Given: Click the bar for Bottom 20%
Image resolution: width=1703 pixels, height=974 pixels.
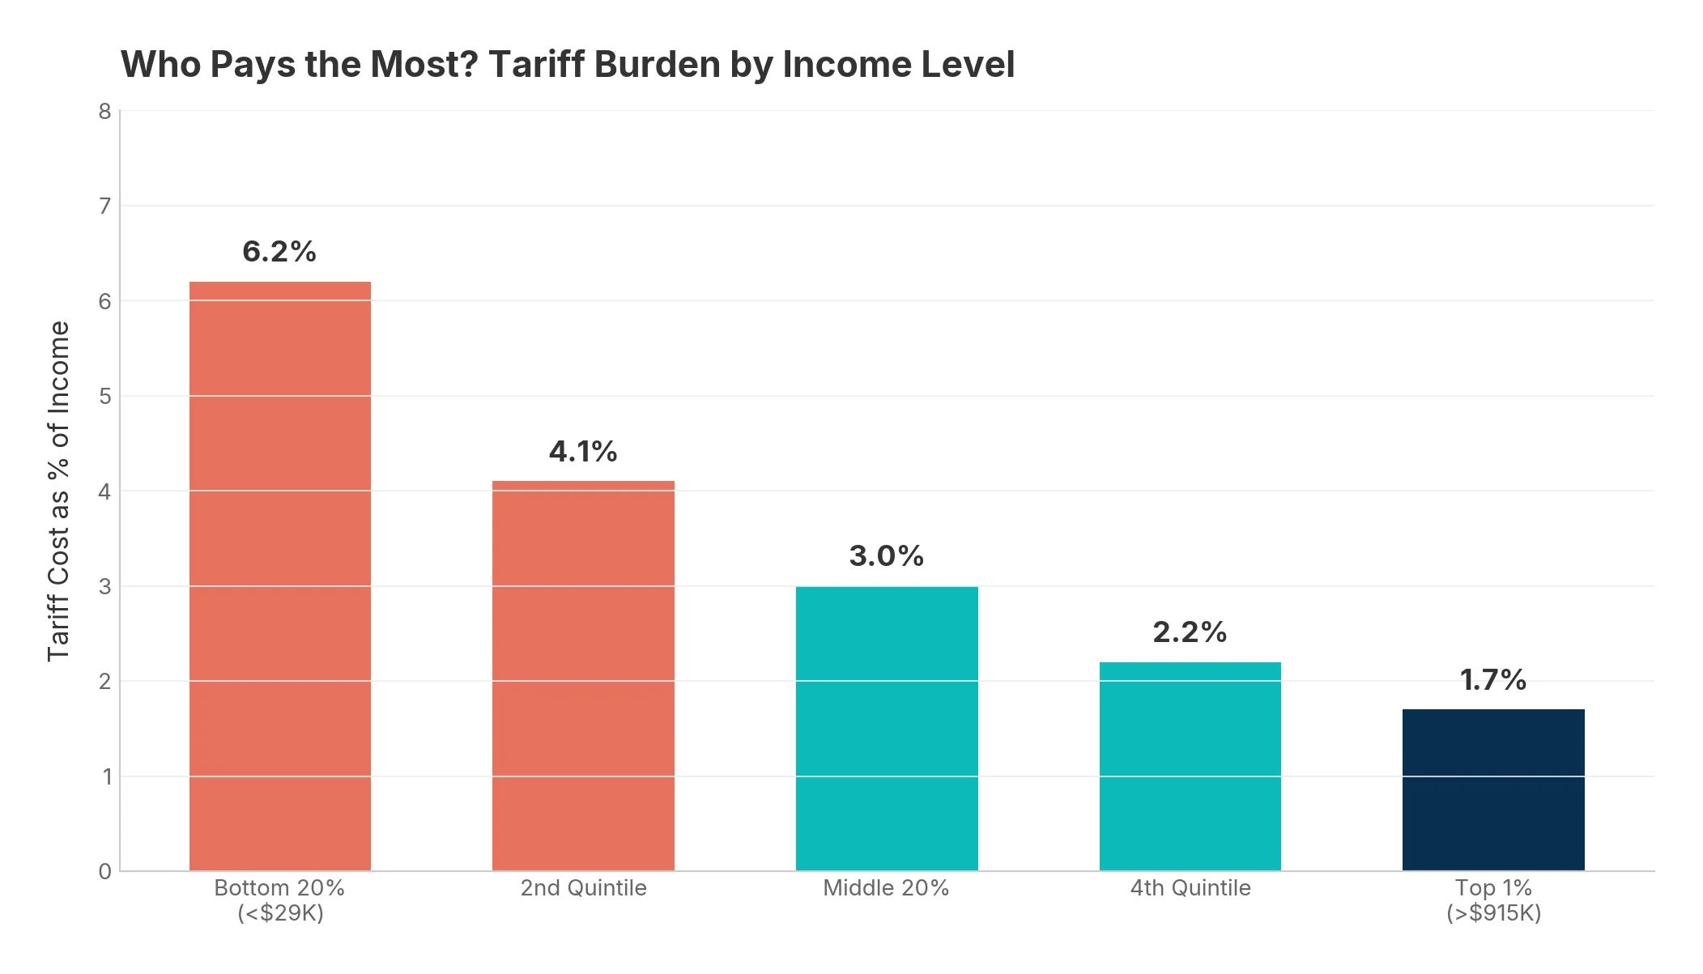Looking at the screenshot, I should pos(279,576).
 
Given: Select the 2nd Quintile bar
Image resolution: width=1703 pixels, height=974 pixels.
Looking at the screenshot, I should pos(583,676).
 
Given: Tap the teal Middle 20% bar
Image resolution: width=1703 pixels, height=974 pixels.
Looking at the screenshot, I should pos(887,729).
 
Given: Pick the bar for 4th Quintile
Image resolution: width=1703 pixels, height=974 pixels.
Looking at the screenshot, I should pos(1190,766).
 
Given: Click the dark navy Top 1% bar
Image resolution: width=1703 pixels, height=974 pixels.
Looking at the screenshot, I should pos(1493,789).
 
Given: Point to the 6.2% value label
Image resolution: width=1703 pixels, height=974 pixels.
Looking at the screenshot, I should pos(279,252).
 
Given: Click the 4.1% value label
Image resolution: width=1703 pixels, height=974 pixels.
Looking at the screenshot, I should pos(583,452).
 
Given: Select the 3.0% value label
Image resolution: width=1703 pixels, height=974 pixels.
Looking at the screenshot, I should pos(887,556).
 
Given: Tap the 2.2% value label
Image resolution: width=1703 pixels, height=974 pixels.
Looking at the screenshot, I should pos(1190,632).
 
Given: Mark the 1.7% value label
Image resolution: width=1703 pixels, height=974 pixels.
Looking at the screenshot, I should pos(1493,680).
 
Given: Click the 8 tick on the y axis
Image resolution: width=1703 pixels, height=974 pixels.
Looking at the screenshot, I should pos(104,112).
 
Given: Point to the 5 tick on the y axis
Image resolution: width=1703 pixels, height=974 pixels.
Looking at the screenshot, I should pos(104,397).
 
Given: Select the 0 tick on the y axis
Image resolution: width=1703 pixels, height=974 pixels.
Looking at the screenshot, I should pos(104,872).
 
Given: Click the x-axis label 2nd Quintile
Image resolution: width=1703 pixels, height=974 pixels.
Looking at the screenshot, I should pos(583,888).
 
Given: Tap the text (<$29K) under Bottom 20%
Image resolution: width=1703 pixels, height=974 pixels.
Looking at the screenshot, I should pos(280,913).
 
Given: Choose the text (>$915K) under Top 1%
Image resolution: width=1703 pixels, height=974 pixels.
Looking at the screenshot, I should pos(1493,913).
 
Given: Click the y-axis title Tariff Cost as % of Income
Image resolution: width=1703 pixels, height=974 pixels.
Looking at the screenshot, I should pos(58,491).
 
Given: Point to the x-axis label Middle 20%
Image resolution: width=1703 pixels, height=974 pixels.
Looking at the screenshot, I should pos(886,888).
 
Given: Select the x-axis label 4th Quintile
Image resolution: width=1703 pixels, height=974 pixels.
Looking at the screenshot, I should pos(1190,888).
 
